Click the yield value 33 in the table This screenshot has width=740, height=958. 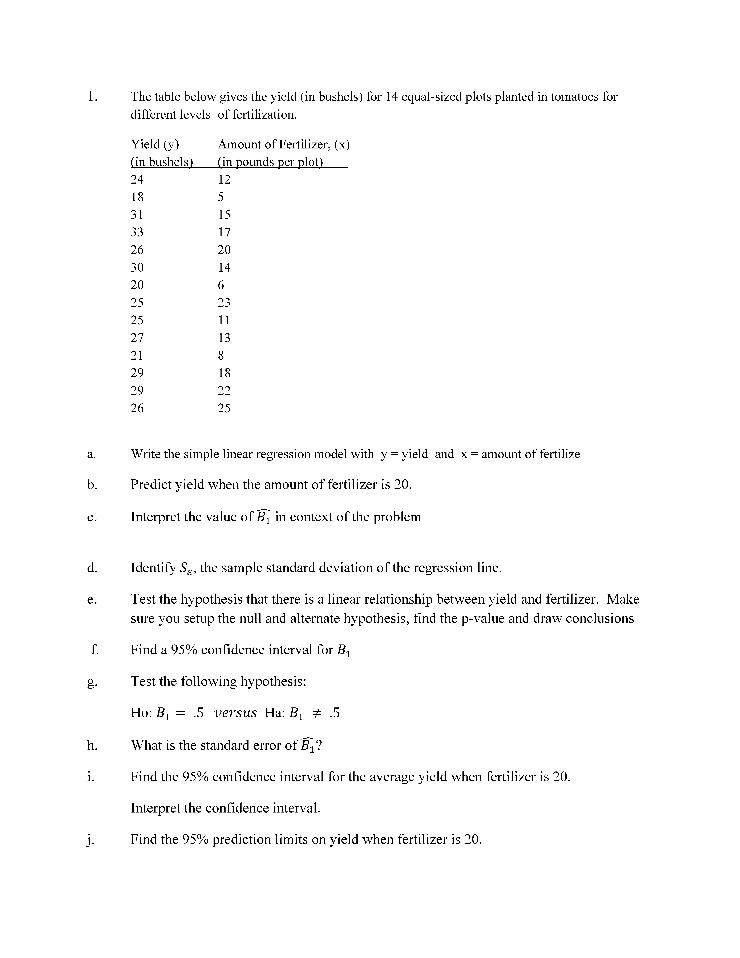[137, 232]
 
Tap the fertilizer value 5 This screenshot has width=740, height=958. [221, 197]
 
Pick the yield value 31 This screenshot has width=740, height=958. [137, 215]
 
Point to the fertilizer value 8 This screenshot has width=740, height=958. [221, 355]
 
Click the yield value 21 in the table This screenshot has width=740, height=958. [137, 355]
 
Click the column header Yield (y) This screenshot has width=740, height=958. [155, 144]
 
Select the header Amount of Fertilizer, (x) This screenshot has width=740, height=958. [284, 144]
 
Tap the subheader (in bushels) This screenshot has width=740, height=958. [162, 162]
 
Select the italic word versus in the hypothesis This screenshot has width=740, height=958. [235, 713]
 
